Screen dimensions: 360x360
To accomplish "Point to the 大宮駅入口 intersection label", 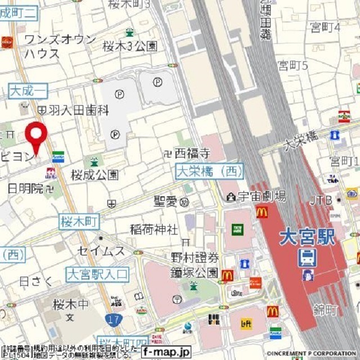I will tap(97, 274).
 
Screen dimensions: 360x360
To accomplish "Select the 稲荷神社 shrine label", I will tap(154, 229).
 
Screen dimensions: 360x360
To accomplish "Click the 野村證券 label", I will tap(195, 258).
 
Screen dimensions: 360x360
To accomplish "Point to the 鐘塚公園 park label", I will tap(195, 273).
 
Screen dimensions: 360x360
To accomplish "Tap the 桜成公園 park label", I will tap(94, 175).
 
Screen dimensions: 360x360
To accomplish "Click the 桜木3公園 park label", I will tap(130, 47).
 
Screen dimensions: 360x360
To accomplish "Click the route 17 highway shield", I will tap(111, 319).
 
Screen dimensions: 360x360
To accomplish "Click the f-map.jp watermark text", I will tap(166, 352).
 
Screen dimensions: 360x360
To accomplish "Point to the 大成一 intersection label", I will tap(28, 90).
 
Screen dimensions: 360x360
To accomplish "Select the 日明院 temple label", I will tap(25, 188).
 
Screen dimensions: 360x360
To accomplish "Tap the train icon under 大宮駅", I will tap(307, 258).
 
